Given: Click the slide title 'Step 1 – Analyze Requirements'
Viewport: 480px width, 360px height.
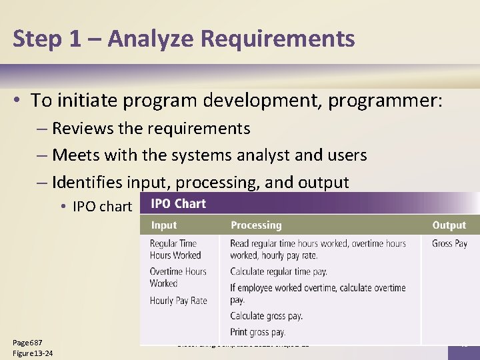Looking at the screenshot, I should [x=183, y=39].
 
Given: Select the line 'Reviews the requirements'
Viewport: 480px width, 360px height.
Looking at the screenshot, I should [x=151, y=128].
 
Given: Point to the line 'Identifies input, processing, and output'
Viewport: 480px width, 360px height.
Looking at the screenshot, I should [x=200, y=182].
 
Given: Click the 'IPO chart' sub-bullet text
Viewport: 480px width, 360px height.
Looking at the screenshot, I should [x=102, y=207].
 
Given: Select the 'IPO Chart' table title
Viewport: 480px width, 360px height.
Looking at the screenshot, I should [x=178, y=204].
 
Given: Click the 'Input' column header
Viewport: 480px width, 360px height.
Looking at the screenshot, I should [x=164, y=225].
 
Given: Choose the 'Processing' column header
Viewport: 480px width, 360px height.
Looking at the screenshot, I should [x=256, y=225].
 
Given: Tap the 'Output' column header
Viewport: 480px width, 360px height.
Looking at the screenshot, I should [x=449, y=225].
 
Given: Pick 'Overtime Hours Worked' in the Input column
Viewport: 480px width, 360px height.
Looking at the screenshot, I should [x=178, y=277].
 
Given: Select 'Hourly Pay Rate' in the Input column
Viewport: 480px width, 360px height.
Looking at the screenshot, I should [x=178, y=301].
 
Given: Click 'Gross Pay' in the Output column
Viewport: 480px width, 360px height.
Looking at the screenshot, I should [x=449, y=243].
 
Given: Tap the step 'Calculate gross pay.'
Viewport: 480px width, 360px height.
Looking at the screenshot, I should [x=266, y=316].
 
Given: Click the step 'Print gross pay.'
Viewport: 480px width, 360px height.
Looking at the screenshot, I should [x=257, y=331].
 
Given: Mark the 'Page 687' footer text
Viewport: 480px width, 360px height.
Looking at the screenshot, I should [x=27, y=343].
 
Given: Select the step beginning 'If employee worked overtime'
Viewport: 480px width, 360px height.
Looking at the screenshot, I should [x=317, y=293].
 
